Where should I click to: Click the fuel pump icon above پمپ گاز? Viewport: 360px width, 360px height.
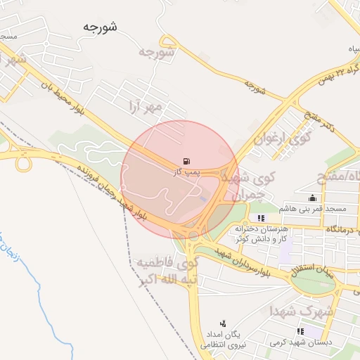[x=185, y=161]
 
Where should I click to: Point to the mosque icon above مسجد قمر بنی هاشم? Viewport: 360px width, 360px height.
[x=312, y=198]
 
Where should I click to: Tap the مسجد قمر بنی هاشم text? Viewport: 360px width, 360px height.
[x=312, y=209]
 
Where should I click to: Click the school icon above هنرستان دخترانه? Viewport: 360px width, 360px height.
[x=262, y=218]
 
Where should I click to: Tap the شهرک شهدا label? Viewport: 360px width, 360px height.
[x=309, y=309]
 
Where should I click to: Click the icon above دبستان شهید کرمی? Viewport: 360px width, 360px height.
[x=300, y=331]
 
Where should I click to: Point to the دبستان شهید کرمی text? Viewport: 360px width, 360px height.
[x=301, y=342]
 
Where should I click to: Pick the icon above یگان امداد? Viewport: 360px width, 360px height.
[x=223, y=323]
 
